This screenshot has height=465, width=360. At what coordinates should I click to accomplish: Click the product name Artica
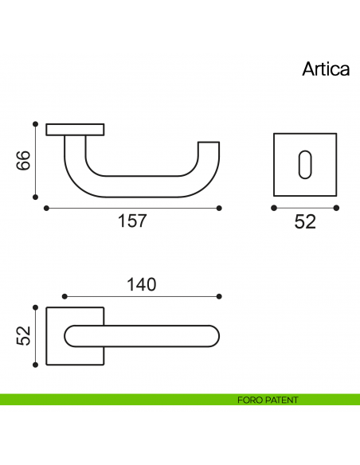[x=326, y=68]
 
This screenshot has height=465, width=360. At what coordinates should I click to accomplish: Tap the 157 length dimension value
[x=132, y=221]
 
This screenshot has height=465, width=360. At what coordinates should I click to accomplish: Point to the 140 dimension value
[x=140, y=283]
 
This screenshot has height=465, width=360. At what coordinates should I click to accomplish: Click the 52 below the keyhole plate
[x=305, y=221]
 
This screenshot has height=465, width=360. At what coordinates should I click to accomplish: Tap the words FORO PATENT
[x=268, y=400]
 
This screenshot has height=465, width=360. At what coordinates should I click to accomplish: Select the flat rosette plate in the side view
[x=76, y=129]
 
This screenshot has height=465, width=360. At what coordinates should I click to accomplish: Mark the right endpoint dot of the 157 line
[x=219, y=208]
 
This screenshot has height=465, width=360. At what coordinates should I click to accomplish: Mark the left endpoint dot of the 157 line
[x=46, y=208]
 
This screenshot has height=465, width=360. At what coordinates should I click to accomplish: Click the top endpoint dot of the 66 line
[x=36, y=124]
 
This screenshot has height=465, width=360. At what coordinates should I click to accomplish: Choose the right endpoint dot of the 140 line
[x=219, y=296]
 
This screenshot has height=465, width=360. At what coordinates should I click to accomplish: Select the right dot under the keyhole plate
[x=336, y=208]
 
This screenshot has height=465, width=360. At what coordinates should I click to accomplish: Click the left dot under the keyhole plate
[x=274, y=208]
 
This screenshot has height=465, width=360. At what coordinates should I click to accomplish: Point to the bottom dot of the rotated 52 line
[x=36, y=365]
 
